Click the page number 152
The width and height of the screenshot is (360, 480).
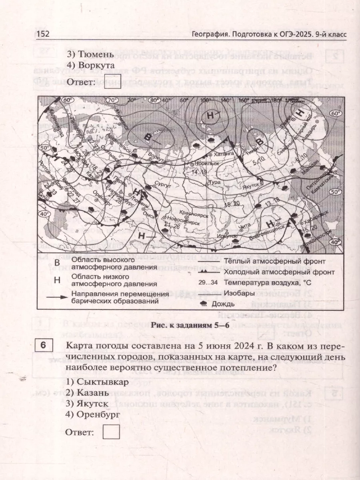(x=43, y=34)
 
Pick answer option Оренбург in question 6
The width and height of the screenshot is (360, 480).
(x=98, y=414)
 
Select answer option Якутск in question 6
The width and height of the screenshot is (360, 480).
(x=93, y=403)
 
